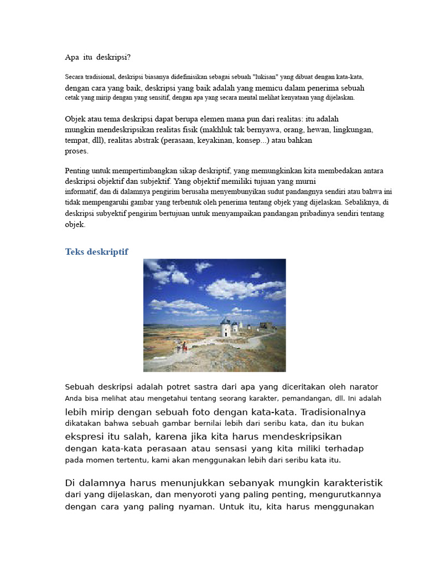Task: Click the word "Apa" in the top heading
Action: (x=72, y=57)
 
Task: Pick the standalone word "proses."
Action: (x=76, y=151)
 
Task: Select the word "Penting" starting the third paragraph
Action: (x=77, y=171)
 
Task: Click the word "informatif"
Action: (x=81, y=192)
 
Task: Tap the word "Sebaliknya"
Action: (x=362, y=202)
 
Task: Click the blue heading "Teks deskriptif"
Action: (x=97, y=252)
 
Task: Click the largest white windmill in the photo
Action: (x=226, y=328)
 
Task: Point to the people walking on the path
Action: (x=182, y=348)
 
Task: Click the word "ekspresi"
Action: (x=85, y=436)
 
